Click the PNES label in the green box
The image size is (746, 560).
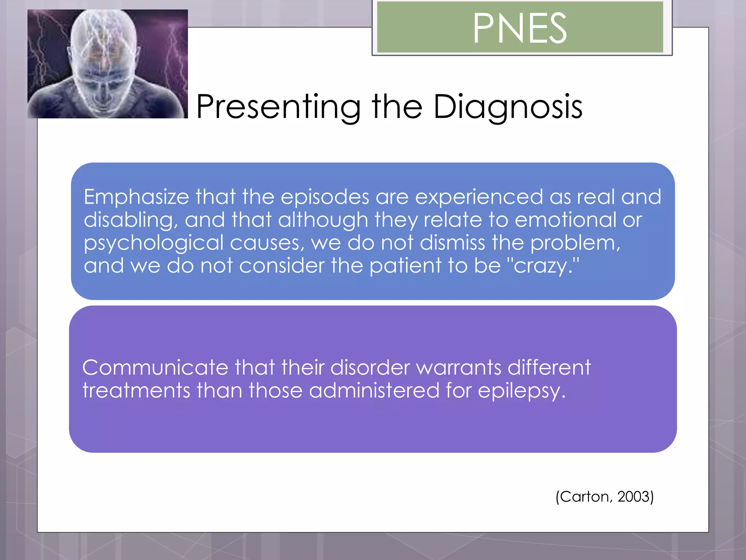click(520, 28)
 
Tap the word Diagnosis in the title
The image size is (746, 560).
click(508, 107)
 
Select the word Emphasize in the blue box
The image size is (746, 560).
click(137, 197)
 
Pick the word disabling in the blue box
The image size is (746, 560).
click(128, 220)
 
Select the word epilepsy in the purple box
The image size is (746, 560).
click(521, 391)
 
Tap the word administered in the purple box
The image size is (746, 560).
click(374, 390)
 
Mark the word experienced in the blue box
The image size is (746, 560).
click(479, 197)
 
